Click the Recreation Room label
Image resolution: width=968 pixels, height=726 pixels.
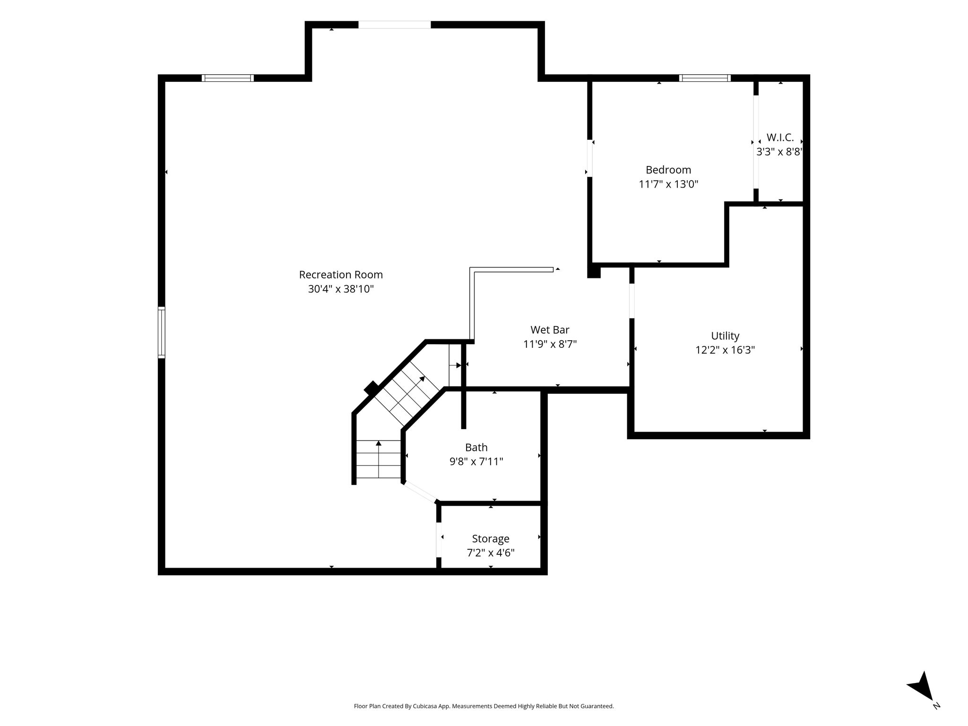[x=341, y=275]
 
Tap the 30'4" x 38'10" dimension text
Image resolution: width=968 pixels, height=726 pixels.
[x=341, y=289]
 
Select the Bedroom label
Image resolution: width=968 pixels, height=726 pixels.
[x=668, y=170]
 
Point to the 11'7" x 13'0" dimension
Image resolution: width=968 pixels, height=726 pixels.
[x=668, y=184]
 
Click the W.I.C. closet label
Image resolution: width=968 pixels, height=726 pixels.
[x=780, y=138]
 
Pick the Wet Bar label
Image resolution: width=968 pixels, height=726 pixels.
[x=550, y=330]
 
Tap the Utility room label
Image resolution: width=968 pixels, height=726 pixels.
[x=725, y=336]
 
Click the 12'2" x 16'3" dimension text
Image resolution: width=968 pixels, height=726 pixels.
[x=725, y=350]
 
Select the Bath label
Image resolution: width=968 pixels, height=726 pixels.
[x=476, y=447]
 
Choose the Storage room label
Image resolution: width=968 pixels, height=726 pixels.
[x=491, y=539]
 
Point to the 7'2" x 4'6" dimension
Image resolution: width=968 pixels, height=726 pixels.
[x=491, y=553]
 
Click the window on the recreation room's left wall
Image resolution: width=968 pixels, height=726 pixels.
[x=161, y=332]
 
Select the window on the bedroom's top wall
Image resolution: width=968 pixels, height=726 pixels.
[x=705, y=78]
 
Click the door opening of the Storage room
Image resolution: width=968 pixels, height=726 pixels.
[x=439, y=540]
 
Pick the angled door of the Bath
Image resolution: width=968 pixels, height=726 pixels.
[x=420, y=492]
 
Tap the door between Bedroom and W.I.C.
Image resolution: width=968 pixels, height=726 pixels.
[x=755, y=142]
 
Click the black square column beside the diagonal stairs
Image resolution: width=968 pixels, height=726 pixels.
[x=372, y=389]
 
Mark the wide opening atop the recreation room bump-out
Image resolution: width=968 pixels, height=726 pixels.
[x=394, y=25]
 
